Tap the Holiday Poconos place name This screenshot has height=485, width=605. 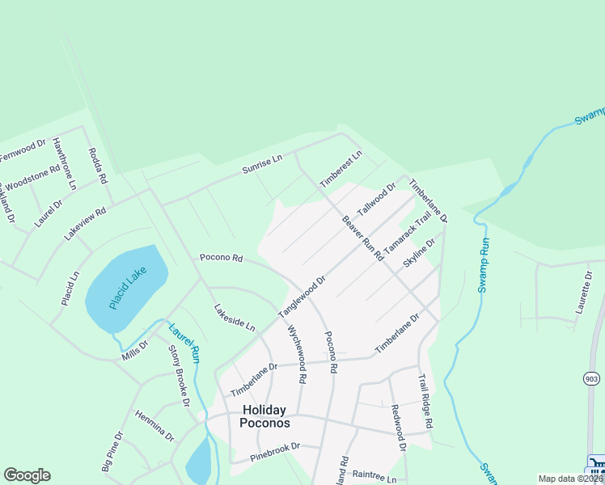click(x=265, y=416)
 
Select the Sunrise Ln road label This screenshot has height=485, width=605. click(x=262, y=164)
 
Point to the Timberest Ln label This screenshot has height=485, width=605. click(x=341, y=169)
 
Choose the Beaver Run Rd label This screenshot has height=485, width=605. click(x=362, y=238)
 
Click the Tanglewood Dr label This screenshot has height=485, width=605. click(x=302, y=297)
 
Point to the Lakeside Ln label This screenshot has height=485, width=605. click(x=235, y=318)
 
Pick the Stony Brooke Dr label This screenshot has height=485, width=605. click(x=179, y=375)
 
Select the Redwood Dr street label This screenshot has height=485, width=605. click(x=397, y=428)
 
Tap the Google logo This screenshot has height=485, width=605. click(x=27, y=475)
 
